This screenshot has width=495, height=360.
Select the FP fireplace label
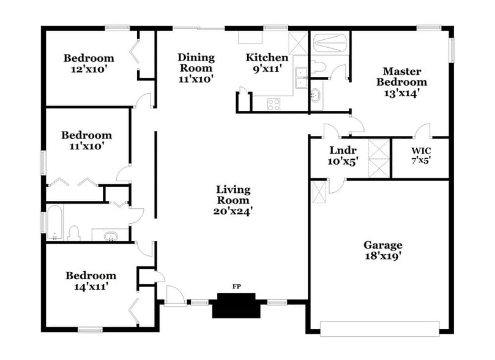(x=236, y=286)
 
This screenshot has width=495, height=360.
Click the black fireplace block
(x=233, y=305)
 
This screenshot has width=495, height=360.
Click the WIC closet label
(x=420, y=151)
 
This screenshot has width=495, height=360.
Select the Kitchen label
(x=267, y=58)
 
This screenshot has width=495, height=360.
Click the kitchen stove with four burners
(x=274, y=104)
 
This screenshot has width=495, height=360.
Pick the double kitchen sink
(x=301, y=78)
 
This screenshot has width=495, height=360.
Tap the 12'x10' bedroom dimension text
(x=89, y=70)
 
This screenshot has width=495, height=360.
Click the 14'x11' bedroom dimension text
(x=91, y=286)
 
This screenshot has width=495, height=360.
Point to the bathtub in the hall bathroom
(x=54, y=225)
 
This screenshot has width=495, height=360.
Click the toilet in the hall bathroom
(x=74, y=233)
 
